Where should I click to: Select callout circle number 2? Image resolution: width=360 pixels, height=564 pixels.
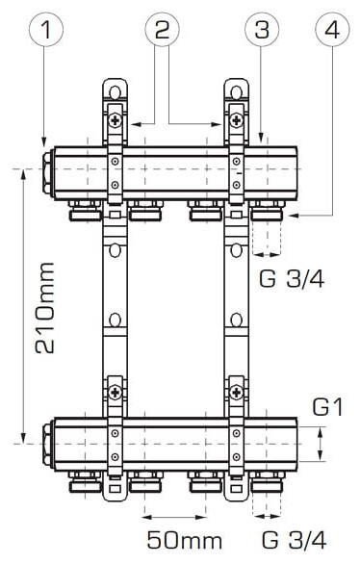click(x=163, y=29)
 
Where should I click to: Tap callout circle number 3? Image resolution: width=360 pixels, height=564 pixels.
click(x=262, y=29)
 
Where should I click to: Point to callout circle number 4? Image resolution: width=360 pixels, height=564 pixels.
click(x=332, y=29)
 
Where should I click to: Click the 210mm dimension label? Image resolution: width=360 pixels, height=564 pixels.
click(x=45, y=308)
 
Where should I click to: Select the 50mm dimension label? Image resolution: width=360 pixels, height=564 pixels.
click(x=185, y=540)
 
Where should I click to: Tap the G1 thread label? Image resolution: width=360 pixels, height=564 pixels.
click(x=327, y=407)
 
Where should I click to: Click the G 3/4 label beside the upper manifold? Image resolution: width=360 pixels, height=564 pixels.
click(x=292, y=278)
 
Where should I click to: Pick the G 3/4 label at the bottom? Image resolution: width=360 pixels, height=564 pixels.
click(x=294, y=540)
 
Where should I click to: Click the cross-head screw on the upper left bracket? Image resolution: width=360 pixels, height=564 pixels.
click(x=116, y=119)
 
